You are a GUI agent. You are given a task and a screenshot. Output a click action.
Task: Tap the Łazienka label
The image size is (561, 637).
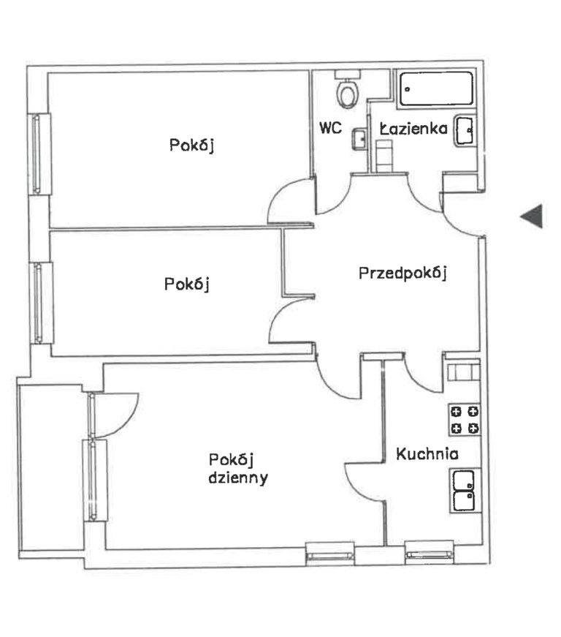point(413,129)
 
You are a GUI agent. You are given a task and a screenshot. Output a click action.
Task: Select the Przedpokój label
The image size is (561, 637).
point(402,274)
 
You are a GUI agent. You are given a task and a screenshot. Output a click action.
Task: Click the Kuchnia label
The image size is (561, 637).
point(427,453)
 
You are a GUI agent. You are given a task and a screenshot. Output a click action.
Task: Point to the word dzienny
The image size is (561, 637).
point(238,478)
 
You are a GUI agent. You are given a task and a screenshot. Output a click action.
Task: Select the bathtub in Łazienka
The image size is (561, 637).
point(436,88)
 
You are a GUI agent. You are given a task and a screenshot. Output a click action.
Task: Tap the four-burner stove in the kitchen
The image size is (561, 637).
point(465,420)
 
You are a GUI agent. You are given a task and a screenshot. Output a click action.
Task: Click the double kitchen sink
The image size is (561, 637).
point(464,490)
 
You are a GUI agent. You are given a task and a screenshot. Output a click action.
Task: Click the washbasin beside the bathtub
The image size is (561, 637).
point(464,131)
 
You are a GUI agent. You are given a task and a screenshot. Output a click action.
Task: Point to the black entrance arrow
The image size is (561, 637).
point(532,216)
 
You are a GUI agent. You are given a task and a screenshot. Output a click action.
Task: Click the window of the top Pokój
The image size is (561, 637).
point(39,154)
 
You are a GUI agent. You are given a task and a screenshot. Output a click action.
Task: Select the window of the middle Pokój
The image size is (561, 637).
point(42,303)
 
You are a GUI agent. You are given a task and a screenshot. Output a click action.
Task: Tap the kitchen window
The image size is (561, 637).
point(430,552)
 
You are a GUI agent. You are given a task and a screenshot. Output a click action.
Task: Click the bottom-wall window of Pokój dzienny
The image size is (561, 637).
point(329,554)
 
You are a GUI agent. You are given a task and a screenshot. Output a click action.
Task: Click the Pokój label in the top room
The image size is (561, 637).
point(191,146)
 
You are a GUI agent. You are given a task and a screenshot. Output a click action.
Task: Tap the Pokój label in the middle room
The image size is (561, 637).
point(186,284)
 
